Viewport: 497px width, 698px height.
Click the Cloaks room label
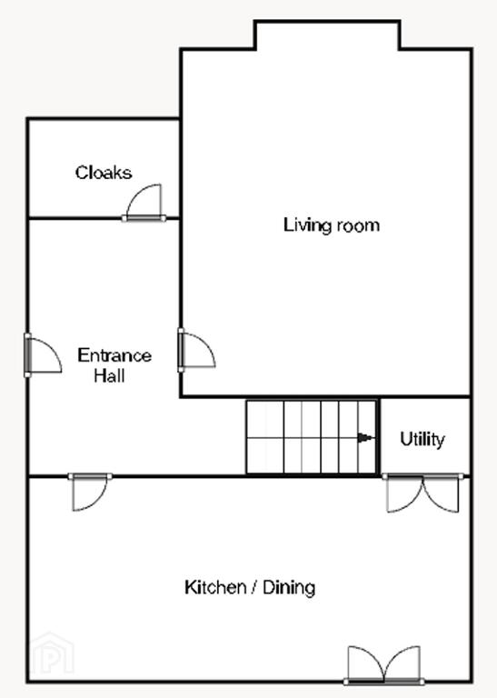tap(104, 173)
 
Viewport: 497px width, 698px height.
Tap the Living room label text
tap(332, 224)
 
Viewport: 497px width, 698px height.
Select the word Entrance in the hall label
tap(114, 355)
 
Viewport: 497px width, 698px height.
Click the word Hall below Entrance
tap(109, 375)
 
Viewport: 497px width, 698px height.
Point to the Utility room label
tap(422, 439)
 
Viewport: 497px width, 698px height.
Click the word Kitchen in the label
tap(215, 587)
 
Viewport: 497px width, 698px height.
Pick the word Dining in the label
tap(289, 588)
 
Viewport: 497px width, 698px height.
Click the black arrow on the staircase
tap(365, 438)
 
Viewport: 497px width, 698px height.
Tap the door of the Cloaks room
tap(144, 203)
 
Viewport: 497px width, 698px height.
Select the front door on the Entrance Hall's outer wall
tap(43, 355)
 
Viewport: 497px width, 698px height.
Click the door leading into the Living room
tap(196, 350)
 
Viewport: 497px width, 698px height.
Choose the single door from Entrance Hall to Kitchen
tap(90, 492)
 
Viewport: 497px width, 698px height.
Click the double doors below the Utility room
tap(422, 494)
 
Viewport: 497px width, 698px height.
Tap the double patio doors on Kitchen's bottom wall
tap(384, 664)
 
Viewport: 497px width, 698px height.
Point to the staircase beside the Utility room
tap(312, 437)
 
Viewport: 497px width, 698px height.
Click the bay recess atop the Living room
tap(327, 35)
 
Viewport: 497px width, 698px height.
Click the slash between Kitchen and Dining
tap(254, 588)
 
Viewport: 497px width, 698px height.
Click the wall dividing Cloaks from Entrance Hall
tap(104, 218)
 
